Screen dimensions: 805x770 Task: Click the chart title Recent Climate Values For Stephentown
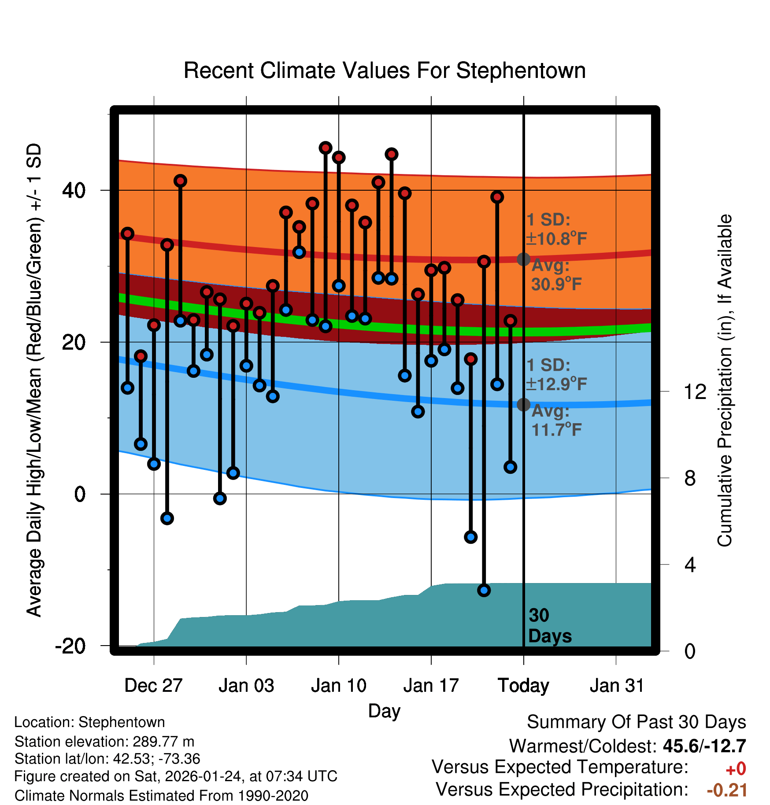(385, 71)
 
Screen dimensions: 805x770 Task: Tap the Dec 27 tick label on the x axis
(153, 686)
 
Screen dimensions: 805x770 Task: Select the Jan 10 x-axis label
(338, 686)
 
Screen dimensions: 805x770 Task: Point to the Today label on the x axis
(523, 686)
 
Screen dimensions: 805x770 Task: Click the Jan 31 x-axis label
(617, 686)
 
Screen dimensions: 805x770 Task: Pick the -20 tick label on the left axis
(70, 646)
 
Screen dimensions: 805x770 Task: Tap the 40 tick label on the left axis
(74, 190)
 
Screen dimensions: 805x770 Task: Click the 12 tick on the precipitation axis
(695, 391)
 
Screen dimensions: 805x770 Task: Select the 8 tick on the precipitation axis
(690, 478)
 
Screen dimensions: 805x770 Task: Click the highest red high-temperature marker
(326, 148)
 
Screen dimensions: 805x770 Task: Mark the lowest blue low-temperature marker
(484, 590)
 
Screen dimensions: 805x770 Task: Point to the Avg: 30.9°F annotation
(556, 275)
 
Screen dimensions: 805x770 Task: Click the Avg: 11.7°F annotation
(556, 421)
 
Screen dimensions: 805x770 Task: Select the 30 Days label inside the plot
(549, 626)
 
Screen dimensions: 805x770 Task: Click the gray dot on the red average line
(523, 259)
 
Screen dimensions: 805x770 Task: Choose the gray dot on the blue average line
(523, 404)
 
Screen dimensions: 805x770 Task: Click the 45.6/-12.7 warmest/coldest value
(704, 746)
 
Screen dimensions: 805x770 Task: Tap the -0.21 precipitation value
(727, 790)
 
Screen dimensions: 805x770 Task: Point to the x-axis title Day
(384, 711)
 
